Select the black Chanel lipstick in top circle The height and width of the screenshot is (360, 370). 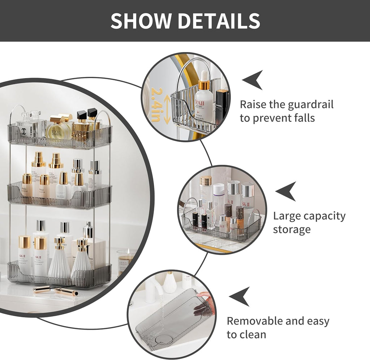[221, 105]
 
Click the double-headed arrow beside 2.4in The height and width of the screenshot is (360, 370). [167, 108]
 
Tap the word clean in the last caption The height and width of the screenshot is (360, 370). [252, 334]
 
